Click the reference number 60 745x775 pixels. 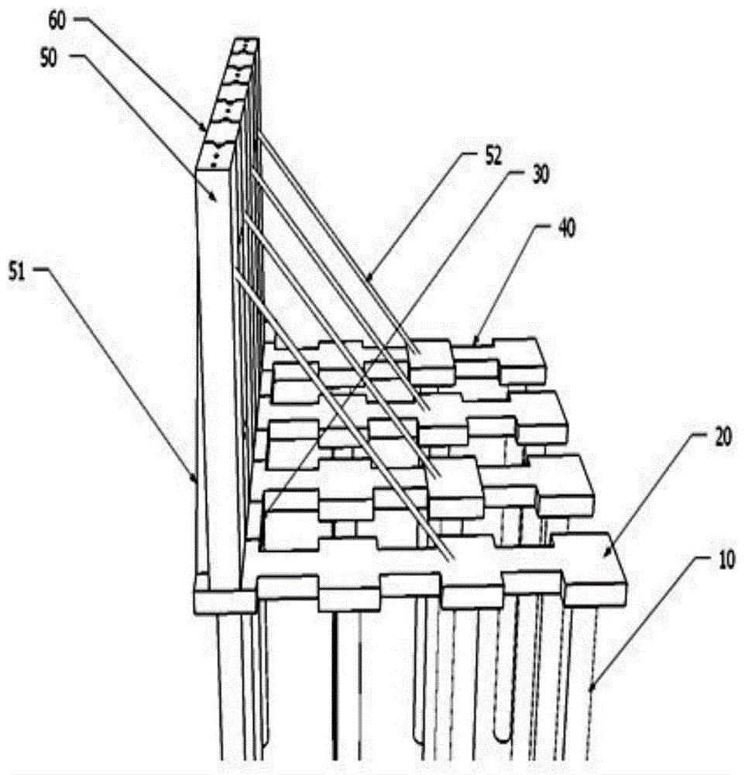coord(57,22)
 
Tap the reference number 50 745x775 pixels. coord(49,59)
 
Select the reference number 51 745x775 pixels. coord(17,272)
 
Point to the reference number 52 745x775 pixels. coord(493,157)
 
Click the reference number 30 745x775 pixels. coord(541,175)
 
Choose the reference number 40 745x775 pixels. coord(567,229)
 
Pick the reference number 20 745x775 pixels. coord(723,438)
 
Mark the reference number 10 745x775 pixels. coord(726,561)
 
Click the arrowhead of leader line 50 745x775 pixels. coord(215,198)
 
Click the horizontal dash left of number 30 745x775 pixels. coord(520,172)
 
